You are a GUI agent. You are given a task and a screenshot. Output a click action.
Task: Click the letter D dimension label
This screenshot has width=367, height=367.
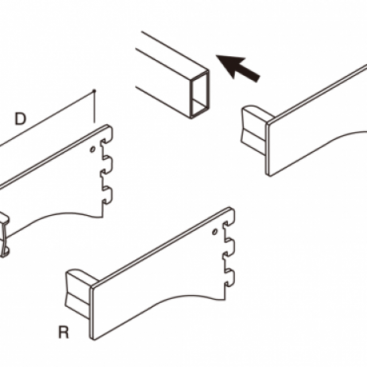click(x=21, y=119)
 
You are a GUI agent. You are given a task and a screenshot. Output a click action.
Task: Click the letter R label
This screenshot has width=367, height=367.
click(x=63, y=332)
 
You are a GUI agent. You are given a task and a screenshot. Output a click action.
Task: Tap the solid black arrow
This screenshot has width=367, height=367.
click(x=238, y=67)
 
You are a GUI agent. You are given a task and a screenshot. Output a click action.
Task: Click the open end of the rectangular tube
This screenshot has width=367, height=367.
click(x=200, y=94)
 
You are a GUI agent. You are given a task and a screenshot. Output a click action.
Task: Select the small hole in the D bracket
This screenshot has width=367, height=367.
click(x=93, y=149)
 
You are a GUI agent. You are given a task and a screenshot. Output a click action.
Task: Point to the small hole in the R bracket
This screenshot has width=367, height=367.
click(x=215, y=232)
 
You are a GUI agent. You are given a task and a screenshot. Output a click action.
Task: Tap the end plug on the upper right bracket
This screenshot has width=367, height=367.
click(x=255, y=129)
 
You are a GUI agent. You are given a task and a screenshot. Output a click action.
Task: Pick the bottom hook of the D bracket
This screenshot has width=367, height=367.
click(x=108, y=195)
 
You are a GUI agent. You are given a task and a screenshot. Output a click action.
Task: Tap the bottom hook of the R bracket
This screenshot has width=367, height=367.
click(x=229, y=277)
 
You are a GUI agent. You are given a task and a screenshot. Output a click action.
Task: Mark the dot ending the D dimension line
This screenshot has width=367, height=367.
click(x=94, y=91)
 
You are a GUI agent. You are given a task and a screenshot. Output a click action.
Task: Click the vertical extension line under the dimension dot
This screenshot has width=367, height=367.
click(x=94, y=108)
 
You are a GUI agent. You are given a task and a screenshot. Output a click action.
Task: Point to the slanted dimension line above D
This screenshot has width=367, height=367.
click(x=47, y=118)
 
